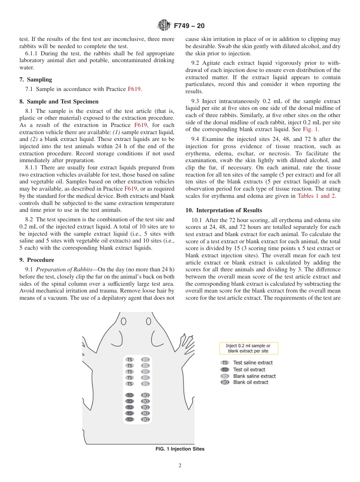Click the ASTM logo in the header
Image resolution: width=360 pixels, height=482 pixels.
pyautogui.click(x=164, y=26)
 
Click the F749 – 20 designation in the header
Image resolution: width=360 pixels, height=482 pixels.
pyautogui.click(x=189, y=26)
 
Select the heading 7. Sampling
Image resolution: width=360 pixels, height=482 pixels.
pyautogui.click(x=36, y=80)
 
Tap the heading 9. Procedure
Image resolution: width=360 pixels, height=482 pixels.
pyautogui.click(x=37, y=260)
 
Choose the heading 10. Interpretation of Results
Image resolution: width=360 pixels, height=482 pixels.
pyautogui.click(x=224, y=210)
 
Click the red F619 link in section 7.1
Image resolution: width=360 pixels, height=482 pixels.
pyautogui.click(x=134, y=89)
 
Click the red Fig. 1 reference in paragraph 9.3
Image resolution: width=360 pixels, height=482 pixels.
pyautogui.click(x=310, y=129)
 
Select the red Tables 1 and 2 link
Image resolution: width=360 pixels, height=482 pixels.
pyautogui.click(x=316, y=196)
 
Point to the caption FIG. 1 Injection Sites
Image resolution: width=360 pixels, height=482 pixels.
pyautogui.click(x=180, y=449)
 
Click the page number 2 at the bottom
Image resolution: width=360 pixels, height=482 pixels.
pyautogui.click(x=180, y=466)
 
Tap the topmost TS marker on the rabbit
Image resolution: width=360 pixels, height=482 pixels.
pyautogui.click(x=130, y=360)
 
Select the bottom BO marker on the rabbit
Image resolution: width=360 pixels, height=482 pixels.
pyautogui.click(x=145, y=419)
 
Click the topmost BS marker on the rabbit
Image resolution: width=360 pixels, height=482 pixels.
pyautogui.click(x=145, y=360)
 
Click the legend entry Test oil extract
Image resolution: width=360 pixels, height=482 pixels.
pyautogui.click(x=249, y=369)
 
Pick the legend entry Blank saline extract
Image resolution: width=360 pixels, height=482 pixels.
pyautogui.click(x=254, y=376)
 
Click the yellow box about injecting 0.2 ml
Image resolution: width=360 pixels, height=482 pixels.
pyautogui.click(x=249, y=348)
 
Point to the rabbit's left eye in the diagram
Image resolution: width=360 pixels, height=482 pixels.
pyautogui.click(x=124, y=322)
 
